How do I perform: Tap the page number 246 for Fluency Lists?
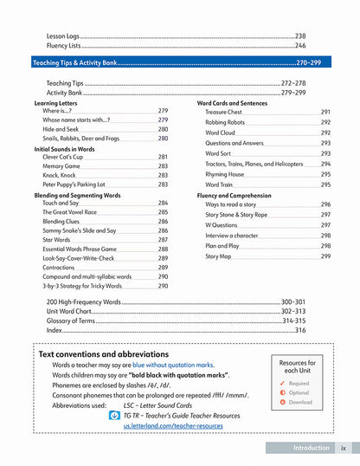300,45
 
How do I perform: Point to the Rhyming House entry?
224,175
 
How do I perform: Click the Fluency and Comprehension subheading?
233,196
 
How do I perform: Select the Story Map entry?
218,257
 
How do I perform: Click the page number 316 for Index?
300,330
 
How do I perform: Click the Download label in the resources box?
299,402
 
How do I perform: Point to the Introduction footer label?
312,448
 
